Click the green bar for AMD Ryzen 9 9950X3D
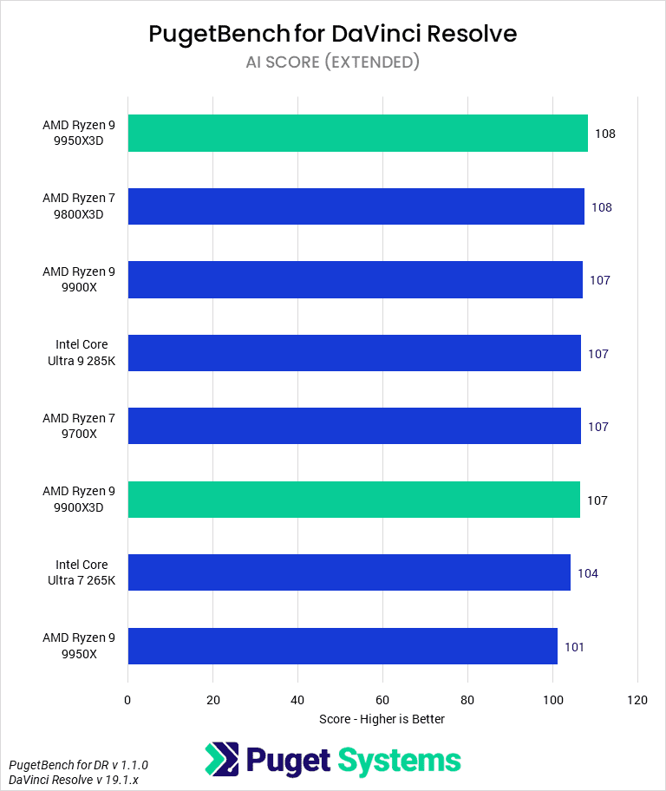click(357, 134)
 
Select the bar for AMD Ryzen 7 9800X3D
click(356, 206)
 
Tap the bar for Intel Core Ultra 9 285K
click(354, 353)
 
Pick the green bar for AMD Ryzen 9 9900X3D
click(354, 500)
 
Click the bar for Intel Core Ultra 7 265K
click(349, 572)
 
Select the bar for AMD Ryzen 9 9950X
click(343, 646)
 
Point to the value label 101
click(575, 647)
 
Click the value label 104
click(588, 573)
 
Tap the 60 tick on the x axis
click(382, 700)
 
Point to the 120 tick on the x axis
click(637, 700)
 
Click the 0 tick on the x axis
click(128, 700)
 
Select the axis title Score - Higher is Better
click(382, 719)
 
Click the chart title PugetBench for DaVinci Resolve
click(333, 34)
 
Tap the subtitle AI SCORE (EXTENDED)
click(333, 62)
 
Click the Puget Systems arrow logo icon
click(221, 760)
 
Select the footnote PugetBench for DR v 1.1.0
click(79, 765)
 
